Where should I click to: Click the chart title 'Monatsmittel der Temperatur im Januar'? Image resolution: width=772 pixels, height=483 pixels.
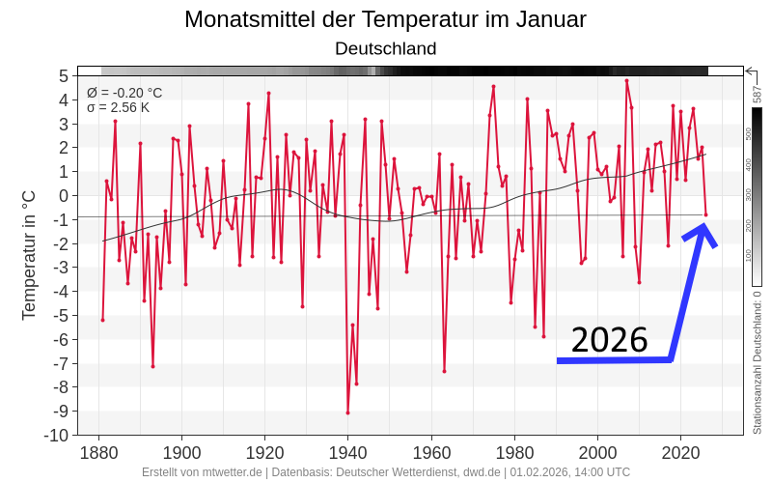[x=385, y=19]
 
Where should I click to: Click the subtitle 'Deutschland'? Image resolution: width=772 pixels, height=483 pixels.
[x=385, y=48]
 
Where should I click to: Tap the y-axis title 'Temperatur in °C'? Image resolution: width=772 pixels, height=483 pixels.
[x=29, y=255]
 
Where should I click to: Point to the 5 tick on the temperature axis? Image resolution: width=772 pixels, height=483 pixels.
[x=63, y=76]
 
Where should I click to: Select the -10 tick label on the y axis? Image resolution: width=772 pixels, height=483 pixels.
[x=55, y=435]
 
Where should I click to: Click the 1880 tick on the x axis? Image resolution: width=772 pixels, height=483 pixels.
[x=98, y=452]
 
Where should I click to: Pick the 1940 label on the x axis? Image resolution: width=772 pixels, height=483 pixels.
[x=347, y=452]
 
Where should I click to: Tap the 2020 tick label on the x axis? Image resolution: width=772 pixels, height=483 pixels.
[x=680, y=452]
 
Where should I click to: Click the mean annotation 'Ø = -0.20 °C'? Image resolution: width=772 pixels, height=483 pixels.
[x=124, y=93]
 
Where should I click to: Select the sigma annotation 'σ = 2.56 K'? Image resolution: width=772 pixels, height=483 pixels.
[x=118, y=107]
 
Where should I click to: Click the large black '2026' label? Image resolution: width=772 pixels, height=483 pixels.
[x=609, y=341]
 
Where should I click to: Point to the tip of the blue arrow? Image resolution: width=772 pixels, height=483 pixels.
[x=703, y=225]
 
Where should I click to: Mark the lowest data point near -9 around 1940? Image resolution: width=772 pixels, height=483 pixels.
[x=347, y=412]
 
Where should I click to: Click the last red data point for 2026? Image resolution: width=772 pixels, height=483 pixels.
[x=705, y=214]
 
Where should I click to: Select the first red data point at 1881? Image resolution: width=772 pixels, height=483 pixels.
[x=102, y=320]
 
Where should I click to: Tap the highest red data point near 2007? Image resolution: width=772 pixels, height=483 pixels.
[x=626, y=81]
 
